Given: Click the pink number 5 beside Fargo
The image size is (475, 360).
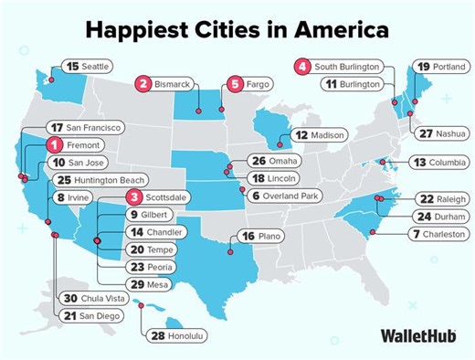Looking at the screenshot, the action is [x=235, y=84].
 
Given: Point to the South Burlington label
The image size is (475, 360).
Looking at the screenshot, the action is [x=345, y=67].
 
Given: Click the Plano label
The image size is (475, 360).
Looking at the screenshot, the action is [x=272, y=236].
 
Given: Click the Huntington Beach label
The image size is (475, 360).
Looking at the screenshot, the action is [x=95, y=179].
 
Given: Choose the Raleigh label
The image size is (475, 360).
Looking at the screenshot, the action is [x=445, y=198].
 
